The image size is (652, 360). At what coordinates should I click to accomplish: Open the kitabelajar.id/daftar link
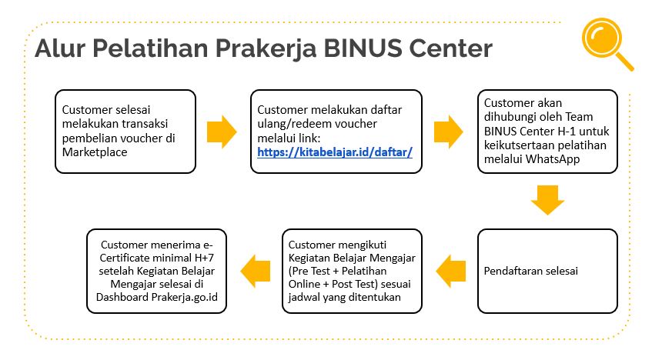pos(335,152)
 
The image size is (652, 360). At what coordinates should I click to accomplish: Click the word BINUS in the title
pos(363,48)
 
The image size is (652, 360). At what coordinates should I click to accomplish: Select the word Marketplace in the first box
pos(95,152)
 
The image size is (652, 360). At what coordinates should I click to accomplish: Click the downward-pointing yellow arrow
pos(547,200)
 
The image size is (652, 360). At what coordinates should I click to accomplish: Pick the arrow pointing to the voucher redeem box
pos(222,132)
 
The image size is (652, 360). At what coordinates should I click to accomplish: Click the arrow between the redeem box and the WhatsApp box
pos(448,132)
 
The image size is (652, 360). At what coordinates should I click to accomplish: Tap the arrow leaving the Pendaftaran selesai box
pos(451,271)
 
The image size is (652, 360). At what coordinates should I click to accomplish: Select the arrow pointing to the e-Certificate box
pos(256,271)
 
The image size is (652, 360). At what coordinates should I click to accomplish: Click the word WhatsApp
pos(553,159)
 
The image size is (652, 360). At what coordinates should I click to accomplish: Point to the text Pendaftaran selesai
pos(531,271)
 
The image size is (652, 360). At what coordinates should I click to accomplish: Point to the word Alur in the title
pos(60,48)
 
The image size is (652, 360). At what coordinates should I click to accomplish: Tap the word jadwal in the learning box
pos(303,298)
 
